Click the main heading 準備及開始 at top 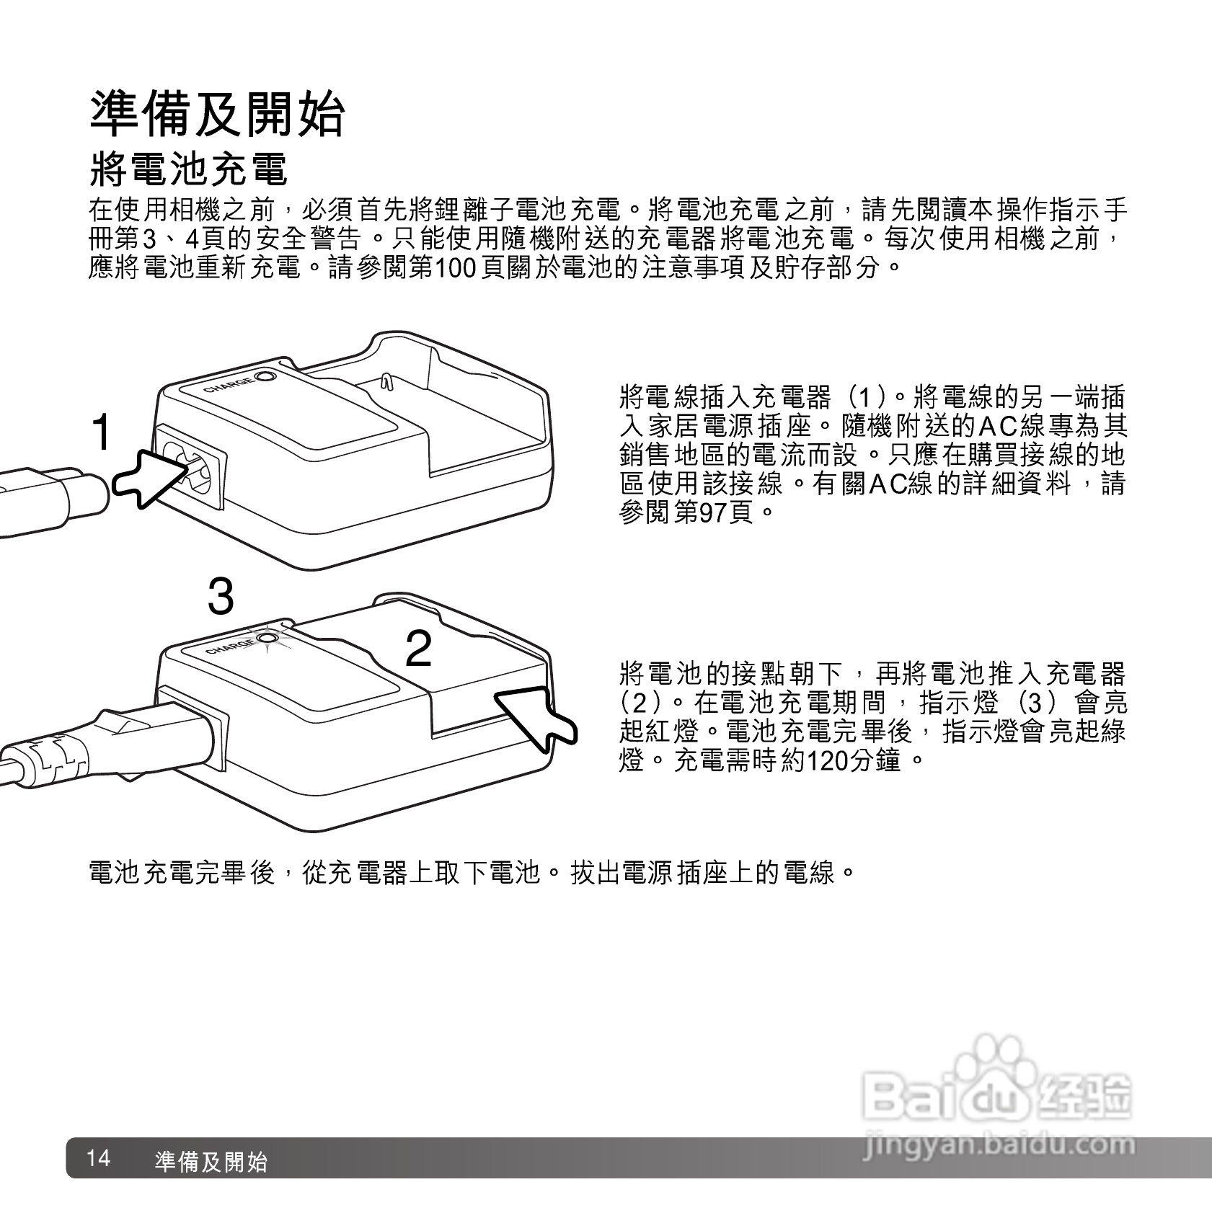217,114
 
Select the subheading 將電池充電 188,169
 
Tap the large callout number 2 419,649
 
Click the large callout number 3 221,597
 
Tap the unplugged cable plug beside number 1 50,497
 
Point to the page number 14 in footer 98,1159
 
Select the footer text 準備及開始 211,1161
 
